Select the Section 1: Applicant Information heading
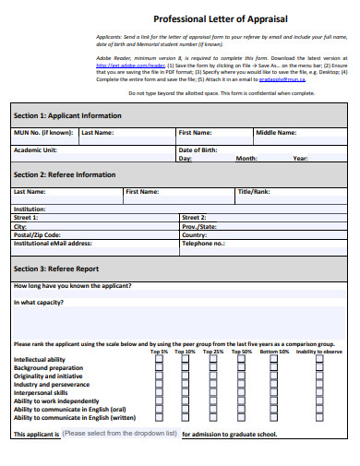pyautogui.click(x=66, y=115)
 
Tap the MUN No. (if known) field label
pyautogui.click(x=42, y=133)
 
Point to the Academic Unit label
pyautogui.click(x=35, y=149)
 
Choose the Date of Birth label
pyautogui.click(x=198, y=149)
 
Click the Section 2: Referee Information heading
pyautogui.click(x=64, y=174)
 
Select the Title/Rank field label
pyautogui.click(x=254, y=192)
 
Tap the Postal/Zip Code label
pyautogui.click(x=37, y=234)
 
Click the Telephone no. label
pyautogui.click(x=203, y=244)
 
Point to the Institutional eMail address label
pyautogui.click(x=53, y=244)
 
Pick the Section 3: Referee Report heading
pyautogui.click(x=55, y=269)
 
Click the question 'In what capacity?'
pyautogui.click(x=39, y=302)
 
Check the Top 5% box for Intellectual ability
pyautogui.click(x=159, y=359)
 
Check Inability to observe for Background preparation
pyautogui.click(x=319, y=367)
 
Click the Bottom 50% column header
pyautogui.click(x=273, y=352)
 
